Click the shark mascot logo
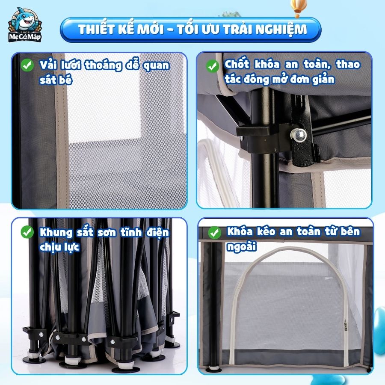25,24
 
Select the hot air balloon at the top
298,7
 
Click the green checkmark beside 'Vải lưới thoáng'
27,65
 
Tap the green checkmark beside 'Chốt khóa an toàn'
212,66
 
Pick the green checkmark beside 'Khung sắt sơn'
27,232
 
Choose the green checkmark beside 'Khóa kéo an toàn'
215,233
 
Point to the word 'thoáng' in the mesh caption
104,65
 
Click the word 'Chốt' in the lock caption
237,64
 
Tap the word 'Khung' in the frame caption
56,232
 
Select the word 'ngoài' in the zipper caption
241,247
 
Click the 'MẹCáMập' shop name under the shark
25,37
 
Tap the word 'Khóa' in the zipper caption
240,231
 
